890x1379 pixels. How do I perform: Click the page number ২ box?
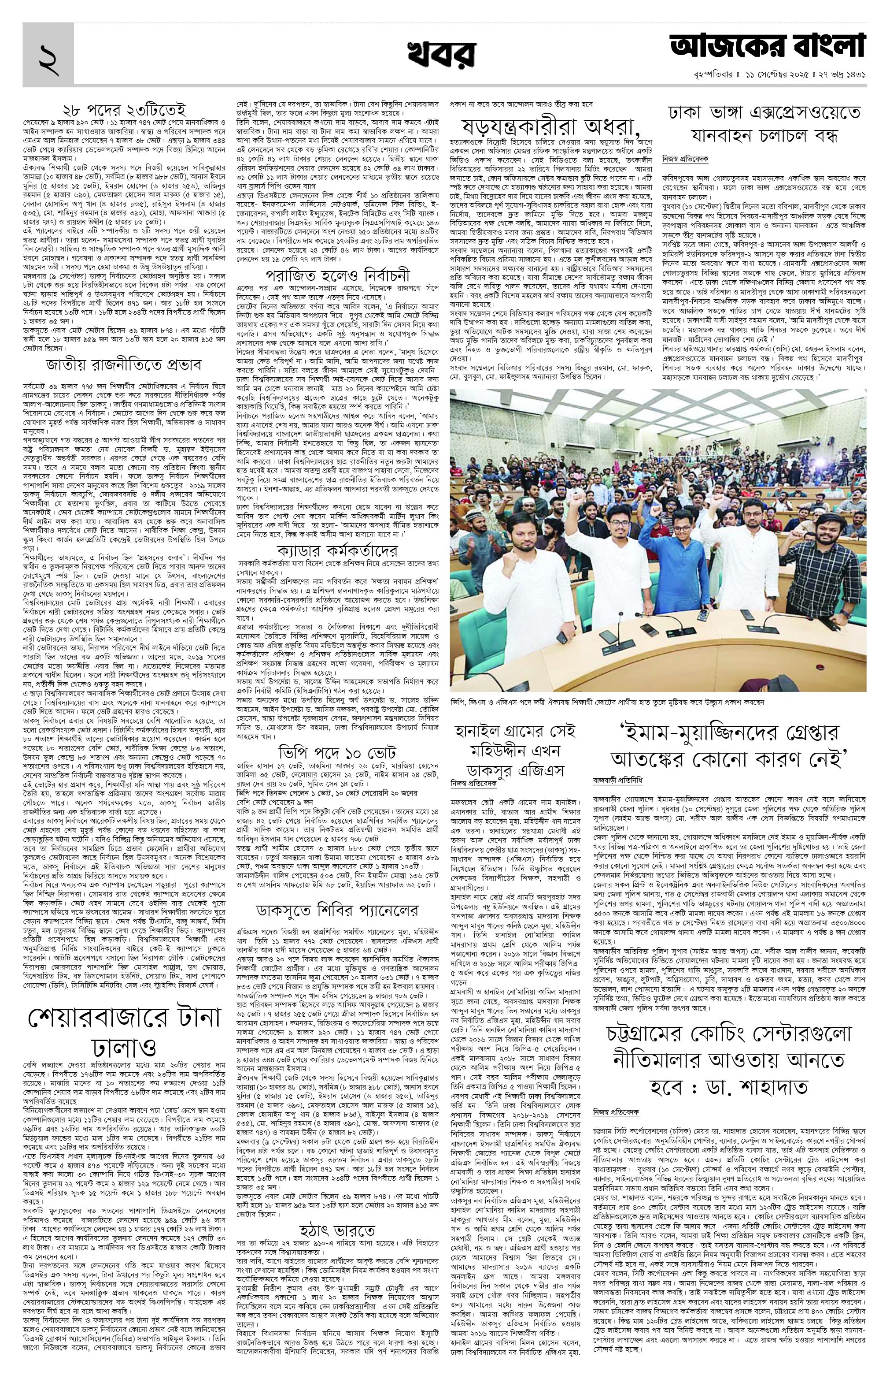[x=48, y=57]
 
